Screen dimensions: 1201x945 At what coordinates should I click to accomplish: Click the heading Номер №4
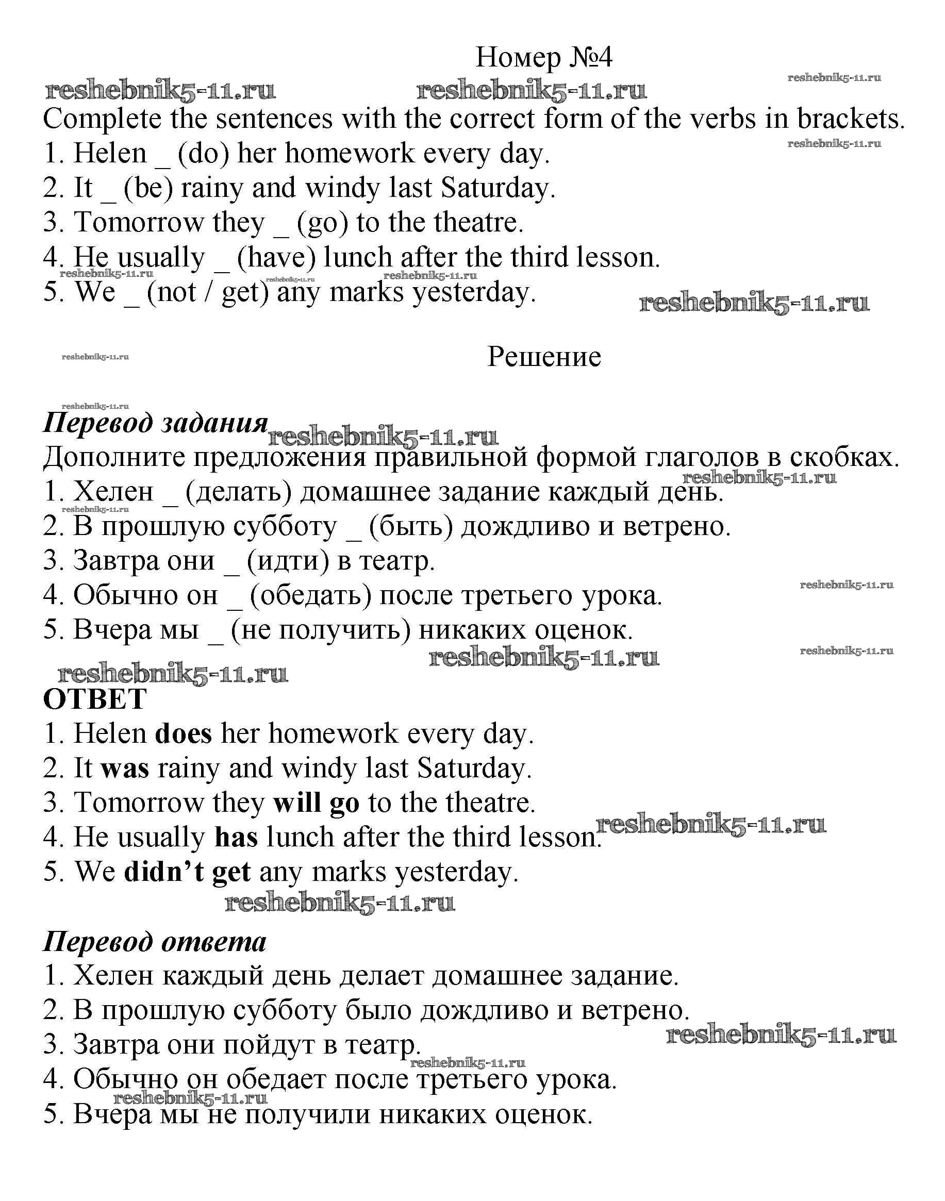(x=544, y=57)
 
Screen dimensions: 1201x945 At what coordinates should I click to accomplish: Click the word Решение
(x=544, y=357)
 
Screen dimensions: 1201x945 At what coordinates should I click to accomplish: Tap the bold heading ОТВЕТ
(x=95, y=699)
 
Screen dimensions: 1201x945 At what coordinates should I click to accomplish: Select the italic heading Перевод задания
(x=156, y=423)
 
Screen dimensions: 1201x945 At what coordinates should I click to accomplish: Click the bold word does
(x=184, y=734)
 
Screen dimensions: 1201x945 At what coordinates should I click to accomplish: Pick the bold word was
(x=125, y=769)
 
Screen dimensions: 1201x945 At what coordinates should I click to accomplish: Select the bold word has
(x=236, y=838)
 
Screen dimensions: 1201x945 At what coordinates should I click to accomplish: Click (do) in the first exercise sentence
(x=203, y=154)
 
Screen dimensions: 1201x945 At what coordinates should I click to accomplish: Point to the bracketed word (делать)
(x=239, y=492)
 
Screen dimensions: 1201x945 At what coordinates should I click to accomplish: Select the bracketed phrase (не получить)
(x=320, y=630)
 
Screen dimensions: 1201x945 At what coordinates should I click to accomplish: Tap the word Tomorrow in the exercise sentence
(x=139, y=223)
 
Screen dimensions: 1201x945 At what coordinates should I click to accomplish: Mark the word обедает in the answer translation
(x=277, y=1079)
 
